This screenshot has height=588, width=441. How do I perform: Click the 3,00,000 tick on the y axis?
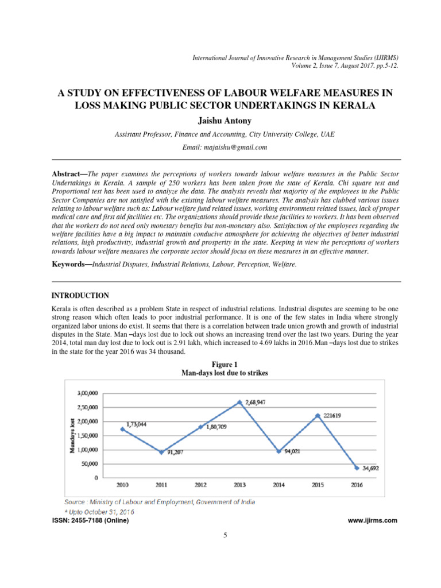[87, 393]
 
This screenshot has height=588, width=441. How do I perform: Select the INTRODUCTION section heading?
[80, 296]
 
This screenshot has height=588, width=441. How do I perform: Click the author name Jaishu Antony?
[220, 121]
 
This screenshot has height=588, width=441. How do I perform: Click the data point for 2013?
[239, 403]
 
